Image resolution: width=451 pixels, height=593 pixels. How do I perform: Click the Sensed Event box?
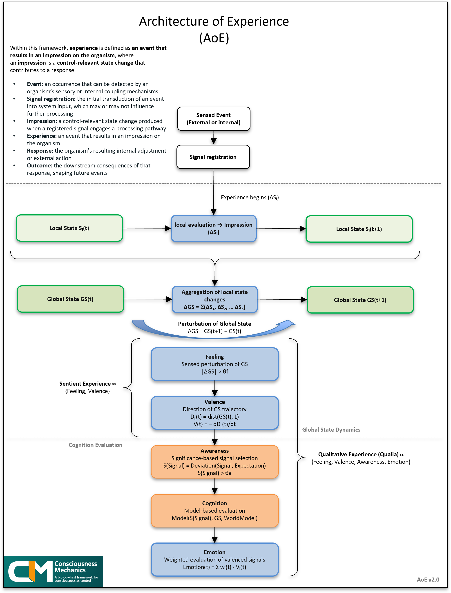pos(213,119)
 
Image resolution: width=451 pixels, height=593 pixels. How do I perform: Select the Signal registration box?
pos(213,157)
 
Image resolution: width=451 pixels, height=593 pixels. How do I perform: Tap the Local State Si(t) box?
pos(69,228)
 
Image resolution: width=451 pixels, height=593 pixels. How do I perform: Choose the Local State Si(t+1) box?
pos(359,229)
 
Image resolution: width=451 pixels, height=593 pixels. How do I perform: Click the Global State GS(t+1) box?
pos(360,300)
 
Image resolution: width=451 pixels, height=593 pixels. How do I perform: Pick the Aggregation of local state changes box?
pos(214,299)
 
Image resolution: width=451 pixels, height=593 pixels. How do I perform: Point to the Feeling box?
pos(214,364)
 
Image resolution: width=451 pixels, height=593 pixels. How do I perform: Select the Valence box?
pos(214,413)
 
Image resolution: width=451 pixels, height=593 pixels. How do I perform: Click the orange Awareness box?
pos(214,462)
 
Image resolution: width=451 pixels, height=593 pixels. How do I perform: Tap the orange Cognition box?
pos(214,510)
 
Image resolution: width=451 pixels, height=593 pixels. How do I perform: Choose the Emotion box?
pos(214,560)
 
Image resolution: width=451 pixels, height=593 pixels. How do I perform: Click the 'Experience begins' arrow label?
pos(250,198)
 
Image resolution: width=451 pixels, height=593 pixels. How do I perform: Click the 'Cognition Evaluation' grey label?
pos(95,445)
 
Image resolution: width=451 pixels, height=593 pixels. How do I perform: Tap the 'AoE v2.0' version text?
pos(428,580)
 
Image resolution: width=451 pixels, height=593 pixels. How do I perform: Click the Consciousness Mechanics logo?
pos(53,571)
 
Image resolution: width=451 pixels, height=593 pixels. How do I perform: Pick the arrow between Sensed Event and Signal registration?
pos(214,138)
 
